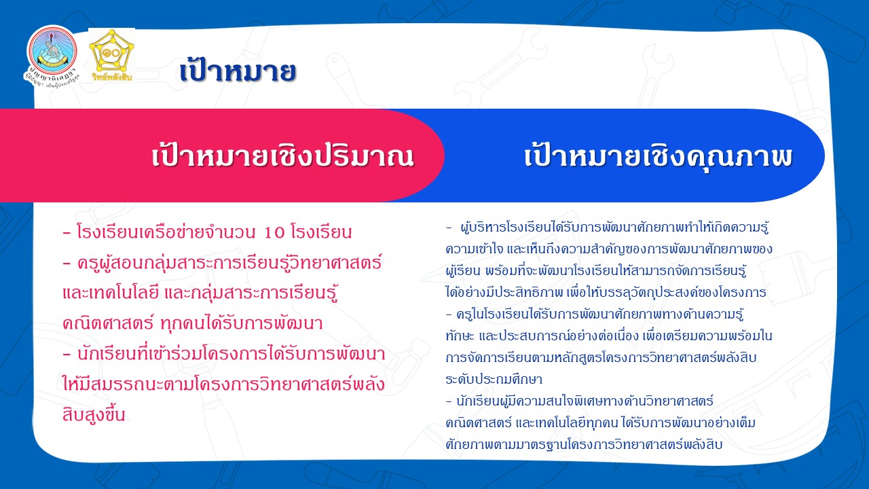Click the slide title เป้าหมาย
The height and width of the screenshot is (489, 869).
click(238, 71)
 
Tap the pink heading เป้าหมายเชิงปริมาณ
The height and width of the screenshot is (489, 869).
click(283, 156)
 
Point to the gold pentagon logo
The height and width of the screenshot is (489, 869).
click(111, 50)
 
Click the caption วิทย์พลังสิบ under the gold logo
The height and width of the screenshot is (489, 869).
click(112, 77)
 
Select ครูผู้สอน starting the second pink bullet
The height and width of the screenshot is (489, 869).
click(109, 264)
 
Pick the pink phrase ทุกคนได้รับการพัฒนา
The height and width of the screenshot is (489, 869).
click(241, 323)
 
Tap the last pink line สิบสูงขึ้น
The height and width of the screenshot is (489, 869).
click(94, 414)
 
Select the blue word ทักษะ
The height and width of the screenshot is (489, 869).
click(460, 336)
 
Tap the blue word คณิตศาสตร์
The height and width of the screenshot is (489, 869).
click(479, 422)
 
